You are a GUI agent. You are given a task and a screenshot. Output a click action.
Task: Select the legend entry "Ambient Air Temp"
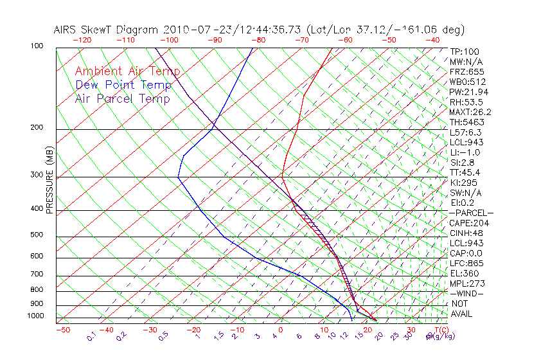(x=127, y=71)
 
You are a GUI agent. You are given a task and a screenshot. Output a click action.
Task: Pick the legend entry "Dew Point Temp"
(x=123, y=85)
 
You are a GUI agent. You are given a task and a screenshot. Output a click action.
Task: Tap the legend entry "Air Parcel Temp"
(x=123, y=98)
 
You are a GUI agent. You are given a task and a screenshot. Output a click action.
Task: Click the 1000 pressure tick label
(x=37, y=316)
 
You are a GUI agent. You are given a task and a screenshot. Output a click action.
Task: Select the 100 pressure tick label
(x=37, y=46)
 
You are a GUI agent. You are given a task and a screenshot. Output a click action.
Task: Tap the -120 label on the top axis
(x=82, y=40)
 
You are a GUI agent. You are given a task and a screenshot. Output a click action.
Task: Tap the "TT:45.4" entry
(x=465, y=173)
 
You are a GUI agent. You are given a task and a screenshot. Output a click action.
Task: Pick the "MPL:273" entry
(x=467, y=283)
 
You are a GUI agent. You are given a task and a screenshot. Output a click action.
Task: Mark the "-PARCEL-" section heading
(x=471, y=213)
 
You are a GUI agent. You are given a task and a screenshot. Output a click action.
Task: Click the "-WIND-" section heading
(x=466, y=294)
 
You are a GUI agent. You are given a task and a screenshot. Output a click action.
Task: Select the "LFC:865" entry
(x=467, y=264)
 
